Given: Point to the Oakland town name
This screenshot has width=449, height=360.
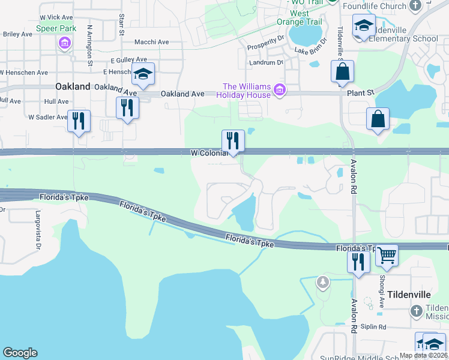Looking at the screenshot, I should (x=73, y=86).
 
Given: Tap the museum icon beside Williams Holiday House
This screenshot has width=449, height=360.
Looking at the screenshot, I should (x=279, y=91).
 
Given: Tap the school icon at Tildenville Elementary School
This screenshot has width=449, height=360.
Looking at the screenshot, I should (x=363, y=26).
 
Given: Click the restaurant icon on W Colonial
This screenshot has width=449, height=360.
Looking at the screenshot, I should (x=233, y=140).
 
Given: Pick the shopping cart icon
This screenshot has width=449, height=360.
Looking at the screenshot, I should (x=387, y=255).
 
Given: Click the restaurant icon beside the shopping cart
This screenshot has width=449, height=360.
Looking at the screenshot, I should (x=358, y=261).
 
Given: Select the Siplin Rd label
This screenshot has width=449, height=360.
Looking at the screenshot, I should (x=373, y=326).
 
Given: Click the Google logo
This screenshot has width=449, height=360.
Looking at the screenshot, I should (x=20, y=353).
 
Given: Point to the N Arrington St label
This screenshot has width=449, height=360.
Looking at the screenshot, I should (x=90, y=45).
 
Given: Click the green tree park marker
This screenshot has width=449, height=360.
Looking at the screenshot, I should (x=323, y=281).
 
